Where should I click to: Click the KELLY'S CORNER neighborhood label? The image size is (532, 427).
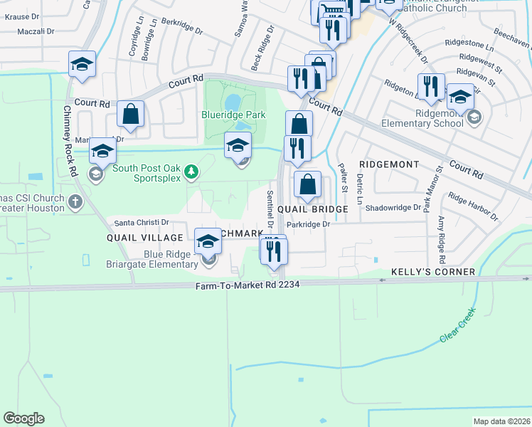click(433, 272)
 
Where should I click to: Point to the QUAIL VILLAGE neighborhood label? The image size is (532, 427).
click(136, 237)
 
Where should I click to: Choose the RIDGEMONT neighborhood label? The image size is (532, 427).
click(389, 164)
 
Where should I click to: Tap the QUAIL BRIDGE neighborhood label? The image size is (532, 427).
click(312, 209)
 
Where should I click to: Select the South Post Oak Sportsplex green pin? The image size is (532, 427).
click(191, 171)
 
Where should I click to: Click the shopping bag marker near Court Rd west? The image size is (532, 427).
click(131, 113)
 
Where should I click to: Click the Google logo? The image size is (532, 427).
click(23, 418)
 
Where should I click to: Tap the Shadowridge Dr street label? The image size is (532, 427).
click(393, 208)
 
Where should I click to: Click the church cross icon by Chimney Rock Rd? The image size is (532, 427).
click(76, 201)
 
